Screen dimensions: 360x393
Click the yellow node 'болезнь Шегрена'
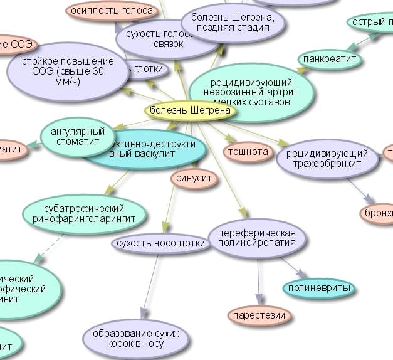191,111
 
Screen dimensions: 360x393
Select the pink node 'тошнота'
248,152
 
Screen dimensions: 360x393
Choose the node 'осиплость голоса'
112,11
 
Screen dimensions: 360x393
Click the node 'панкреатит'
329,60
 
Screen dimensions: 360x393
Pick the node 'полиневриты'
318,289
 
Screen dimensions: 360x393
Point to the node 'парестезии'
259,315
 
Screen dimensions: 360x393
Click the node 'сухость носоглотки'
160,243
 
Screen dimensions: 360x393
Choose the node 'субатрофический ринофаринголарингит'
84,214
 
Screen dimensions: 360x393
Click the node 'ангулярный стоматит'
78,136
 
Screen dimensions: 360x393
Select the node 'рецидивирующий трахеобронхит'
327,159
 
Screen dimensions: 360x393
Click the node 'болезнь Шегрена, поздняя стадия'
233,22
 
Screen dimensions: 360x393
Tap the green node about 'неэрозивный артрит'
250,91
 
